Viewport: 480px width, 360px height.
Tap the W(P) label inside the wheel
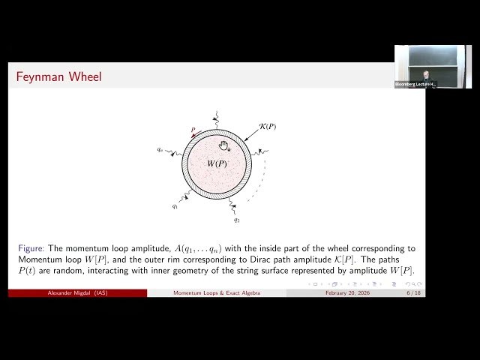217,163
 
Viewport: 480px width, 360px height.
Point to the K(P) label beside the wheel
266,126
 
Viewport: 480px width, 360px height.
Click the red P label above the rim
193,130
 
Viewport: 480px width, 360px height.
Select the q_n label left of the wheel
160,150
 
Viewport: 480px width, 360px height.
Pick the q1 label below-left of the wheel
175,205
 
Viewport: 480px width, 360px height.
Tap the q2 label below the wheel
236,220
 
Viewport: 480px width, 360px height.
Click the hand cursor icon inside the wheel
223,145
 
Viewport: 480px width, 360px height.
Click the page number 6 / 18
413,293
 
